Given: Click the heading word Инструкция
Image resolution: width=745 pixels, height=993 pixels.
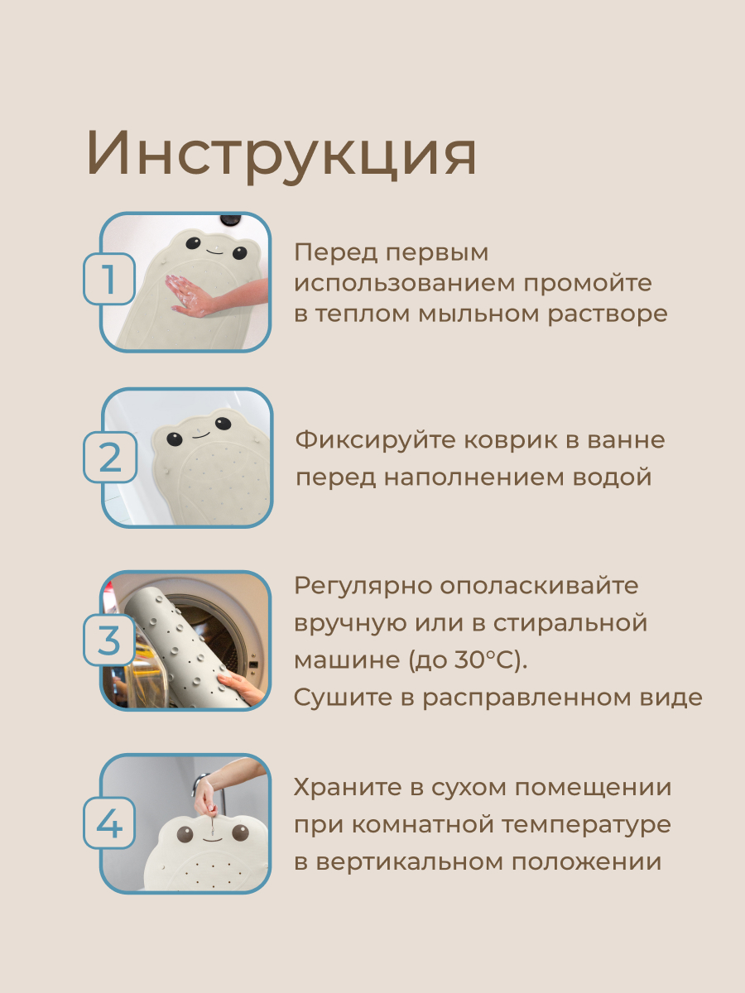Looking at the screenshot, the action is [x=281, y=154].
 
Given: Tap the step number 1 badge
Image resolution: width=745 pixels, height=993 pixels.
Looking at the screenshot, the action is [x=109, y=279].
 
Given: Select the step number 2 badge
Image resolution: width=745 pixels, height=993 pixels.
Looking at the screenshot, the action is [x=110, y=457].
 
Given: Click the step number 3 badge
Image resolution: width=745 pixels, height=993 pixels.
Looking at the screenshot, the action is [x=109, y=640].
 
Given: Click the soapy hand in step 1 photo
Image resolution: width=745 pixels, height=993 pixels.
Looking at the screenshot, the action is [x=190, y=294].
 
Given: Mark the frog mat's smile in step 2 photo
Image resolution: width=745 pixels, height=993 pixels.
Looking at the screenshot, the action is [x=201, y=435].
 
